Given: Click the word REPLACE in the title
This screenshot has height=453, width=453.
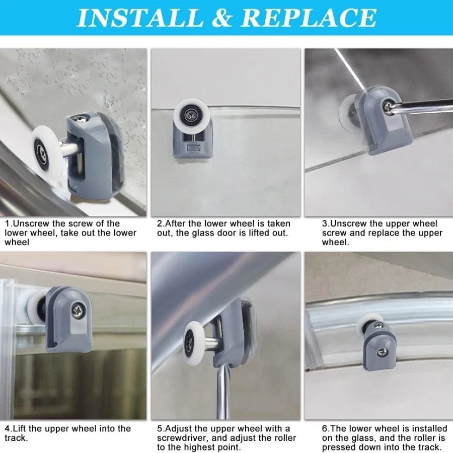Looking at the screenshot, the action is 308,18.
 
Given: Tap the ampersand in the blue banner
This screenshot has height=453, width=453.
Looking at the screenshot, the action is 222,18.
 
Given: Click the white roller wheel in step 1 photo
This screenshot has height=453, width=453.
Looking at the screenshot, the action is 47,150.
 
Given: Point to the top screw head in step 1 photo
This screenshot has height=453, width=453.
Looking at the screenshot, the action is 81,118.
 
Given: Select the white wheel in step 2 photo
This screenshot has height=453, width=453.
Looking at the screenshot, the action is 190,114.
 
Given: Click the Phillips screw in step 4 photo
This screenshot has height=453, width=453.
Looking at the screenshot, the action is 78,311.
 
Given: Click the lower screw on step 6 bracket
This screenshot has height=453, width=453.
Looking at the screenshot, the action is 384,352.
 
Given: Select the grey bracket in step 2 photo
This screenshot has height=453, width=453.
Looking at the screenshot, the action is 193,139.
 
